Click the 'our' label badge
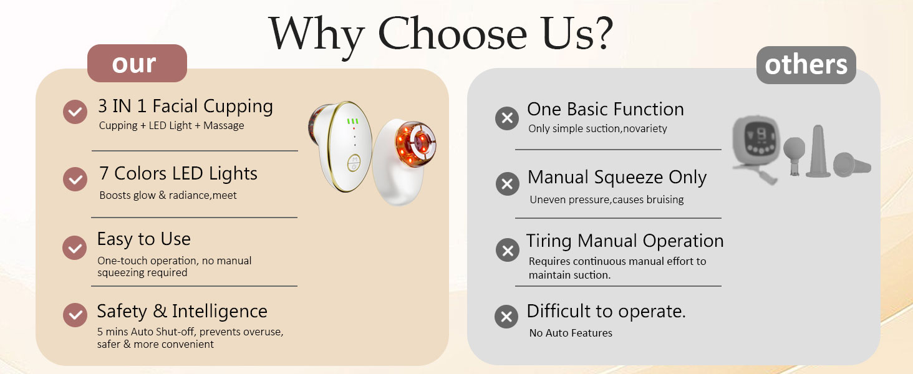click(x=137, y=64)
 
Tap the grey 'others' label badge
click(x=806, y=65)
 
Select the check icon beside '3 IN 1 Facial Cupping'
click(x=75, y=112)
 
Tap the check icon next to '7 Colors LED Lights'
click(x=75, y=180)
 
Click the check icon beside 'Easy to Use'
click(x=75, y=247)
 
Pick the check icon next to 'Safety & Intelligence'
click(x=75, y=315)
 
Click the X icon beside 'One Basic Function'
click(x=507, y=118)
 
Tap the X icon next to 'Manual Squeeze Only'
click(x=508, y=184)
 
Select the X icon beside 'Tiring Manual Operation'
click(x=508, y=250)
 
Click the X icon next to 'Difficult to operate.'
click(x=506, y=317)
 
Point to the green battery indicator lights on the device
click(x=352, y=121)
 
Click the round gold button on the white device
click(x=354, y=163)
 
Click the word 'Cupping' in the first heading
click(x=238, y=107)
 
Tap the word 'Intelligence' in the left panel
click(x=220, y=312)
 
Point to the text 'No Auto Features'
click(x=571, y=333)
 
